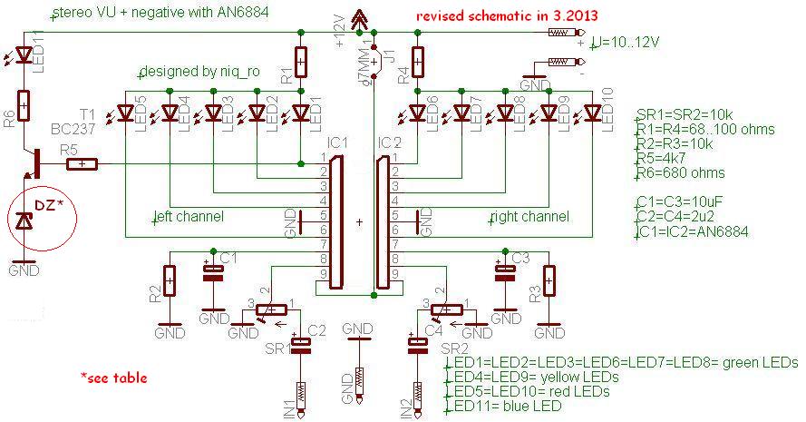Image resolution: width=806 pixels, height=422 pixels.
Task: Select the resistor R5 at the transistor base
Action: (x=83, y=164)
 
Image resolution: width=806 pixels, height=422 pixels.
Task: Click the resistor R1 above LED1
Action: (x=301, y=63)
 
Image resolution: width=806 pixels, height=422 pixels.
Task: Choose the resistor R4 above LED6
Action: (x=417, y=63)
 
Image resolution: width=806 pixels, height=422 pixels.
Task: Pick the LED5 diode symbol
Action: (x=126, y=113)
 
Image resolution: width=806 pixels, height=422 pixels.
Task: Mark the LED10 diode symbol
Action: (x=593, y=113)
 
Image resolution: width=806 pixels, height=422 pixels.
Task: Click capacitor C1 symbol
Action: (x=213, y=272)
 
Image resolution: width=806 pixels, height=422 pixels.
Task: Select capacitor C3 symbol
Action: (x=502, y=272)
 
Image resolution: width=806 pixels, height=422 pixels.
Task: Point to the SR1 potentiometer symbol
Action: (x=272, y=309)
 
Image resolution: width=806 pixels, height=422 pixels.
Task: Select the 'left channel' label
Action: (x=189, y=217)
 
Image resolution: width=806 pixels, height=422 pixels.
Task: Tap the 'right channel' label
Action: (x=529, y=217)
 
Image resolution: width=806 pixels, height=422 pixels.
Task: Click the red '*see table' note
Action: (x=113, y=377)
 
